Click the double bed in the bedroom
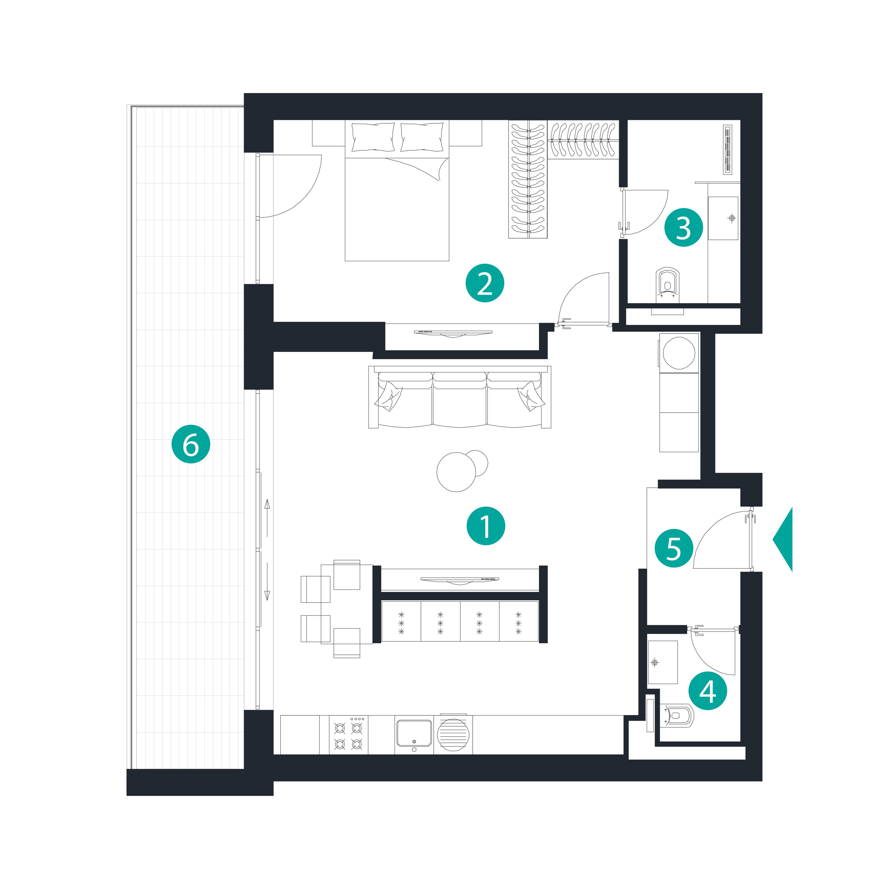tap(397, 191)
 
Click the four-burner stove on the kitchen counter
tap(348, 734)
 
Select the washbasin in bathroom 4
tap(663, 662)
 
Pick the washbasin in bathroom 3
tap(723, 218)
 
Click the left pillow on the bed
tap(373, 137)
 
